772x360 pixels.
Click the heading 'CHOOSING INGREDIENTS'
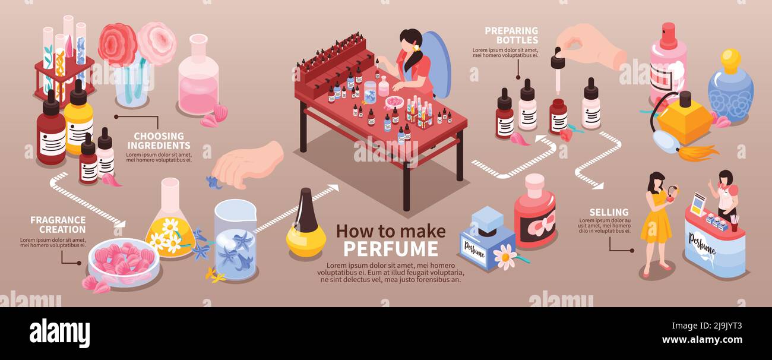pos(158,141)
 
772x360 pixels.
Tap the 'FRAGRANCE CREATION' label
pos(58,225)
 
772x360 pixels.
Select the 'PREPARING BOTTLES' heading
pos(511,35)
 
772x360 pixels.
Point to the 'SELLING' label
pos(609,212)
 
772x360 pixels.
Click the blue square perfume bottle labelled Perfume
pos(487,239)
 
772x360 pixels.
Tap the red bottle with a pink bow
pos(534,213)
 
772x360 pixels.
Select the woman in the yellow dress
pos(656,223)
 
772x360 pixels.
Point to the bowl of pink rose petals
pos(124,262)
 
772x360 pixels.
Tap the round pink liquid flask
pos(198,77)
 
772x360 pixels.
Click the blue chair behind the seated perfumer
pos(438,62)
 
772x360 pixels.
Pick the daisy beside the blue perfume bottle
pos(505,257)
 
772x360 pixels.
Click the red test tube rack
pos(64,77)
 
